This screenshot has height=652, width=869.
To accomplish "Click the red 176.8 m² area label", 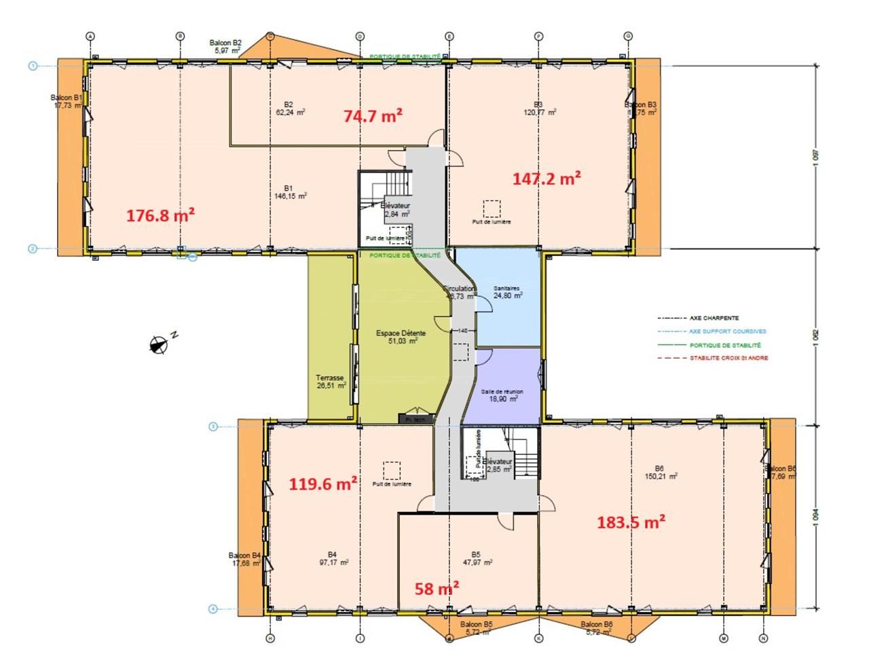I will click(x=161, y=215).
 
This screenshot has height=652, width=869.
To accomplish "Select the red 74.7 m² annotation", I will click(x=373, y=115).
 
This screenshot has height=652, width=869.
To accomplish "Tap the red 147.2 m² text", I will click(x=547, y=179).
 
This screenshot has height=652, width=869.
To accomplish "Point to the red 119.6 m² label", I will click(x=324, y=484).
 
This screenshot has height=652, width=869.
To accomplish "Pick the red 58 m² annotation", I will click(x=437, y=588).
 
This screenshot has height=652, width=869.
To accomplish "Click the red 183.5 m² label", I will click(x=631, y=522).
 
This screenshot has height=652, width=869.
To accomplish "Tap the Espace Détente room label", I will click(x=401, y=337).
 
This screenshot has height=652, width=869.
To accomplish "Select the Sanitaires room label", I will click(x=506, y=292).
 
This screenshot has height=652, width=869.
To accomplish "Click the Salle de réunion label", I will click(x=502, y=395).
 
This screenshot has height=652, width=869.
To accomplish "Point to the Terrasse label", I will click(x=331, y=382).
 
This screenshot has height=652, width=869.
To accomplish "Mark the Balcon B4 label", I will click(x=245, y=559).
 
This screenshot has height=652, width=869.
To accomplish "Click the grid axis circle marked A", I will click(x=90, y=36).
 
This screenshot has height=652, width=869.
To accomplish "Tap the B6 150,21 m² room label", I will click(x=660, y=472).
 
